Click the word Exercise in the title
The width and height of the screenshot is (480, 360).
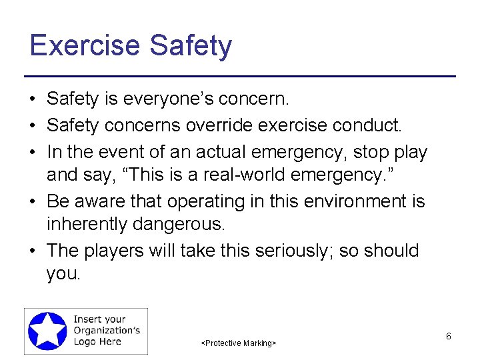tap(85, 45)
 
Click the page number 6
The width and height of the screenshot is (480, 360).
tap(449, 337)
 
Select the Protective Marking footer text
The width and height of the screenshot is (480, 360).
tap(239, 343)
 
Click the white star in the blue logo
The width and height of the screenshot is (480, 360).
tap(48, 331)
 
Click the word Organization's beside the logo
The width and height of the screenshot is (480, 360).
tap(107, 331)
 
